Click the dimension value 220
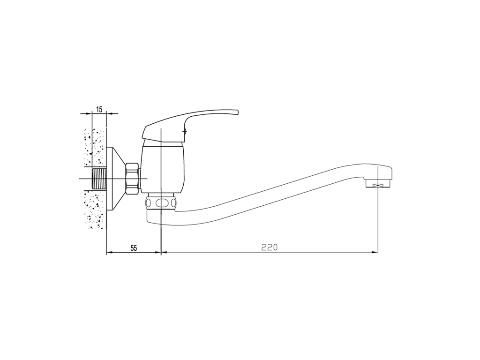(270, 247)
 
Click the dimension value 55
(134, 248)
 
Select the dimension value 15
(99, 109)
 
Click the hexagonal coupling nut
(132, 178)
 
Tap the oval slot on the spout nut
(161, 202)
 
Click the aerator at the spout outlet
(378, 184)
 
